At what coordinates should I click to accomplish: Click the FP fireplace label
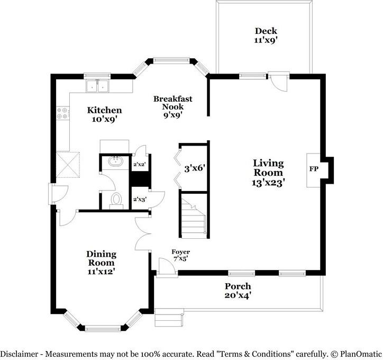314,169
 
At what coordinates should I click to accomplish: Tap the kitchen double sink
97,86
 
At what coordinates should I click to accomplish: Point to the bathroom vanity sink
115,161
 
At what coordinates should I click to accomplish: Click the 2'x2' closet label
140,165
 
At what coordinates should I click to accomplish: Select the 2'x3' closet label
140,200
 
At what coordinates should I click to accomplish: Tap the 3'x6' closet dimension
194,168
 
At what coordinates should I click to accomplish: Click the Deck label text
266,31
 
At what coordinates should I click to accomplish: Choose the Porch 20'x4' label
238,291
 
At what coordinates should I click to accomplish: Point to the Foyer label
181,251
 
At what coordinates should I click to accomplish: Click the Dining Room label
101,258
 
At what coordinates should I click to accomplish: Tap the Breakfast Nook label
172,103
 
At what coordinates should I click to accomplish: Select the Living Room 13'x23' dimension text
268,183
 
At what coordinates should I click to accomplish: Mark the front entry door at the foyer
166,267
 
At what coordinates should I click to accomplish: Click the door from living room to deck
279,82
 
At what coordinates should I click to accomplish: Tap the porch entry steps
169,317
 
